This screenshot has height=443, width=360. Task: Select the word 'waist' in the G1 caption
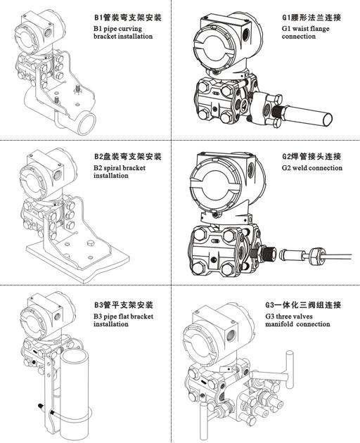[301, 28]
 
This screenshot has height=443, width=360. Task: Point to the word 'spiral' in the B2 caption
[115, 167]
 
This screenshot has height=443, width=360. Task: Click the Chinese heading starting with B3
[124, 305]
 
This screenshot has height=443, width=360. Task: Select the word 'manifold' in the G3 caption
[279, 324]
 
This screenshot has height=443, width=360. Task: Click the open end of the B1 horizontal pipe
[86, 122]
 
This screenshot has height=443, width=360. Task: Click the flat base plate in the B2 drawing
[77, 257]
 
